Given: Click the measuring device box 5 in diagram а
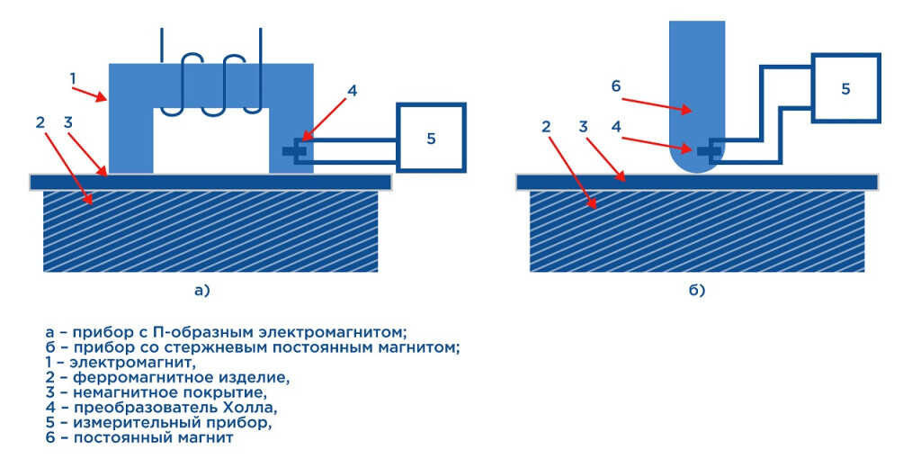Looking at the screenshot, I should [431, 138].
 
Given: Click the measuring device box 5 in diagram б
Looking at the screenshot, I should [845, 88].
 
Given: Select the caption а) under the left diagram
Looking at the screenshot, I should [201, 290].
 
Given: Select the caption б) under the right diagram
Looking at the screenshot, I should [697, 290].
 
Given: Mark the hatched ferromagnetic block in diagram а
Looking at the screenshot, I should [210, 230].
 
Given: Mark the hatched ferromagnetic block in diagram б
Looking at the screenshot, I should [697, 230].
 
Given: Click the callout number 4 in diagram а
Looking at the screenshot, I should [352, 90].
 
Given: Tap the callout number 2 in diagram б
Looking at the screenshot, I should [546, 127].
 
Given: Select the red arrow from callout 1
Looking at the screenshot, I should [90, 92].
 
